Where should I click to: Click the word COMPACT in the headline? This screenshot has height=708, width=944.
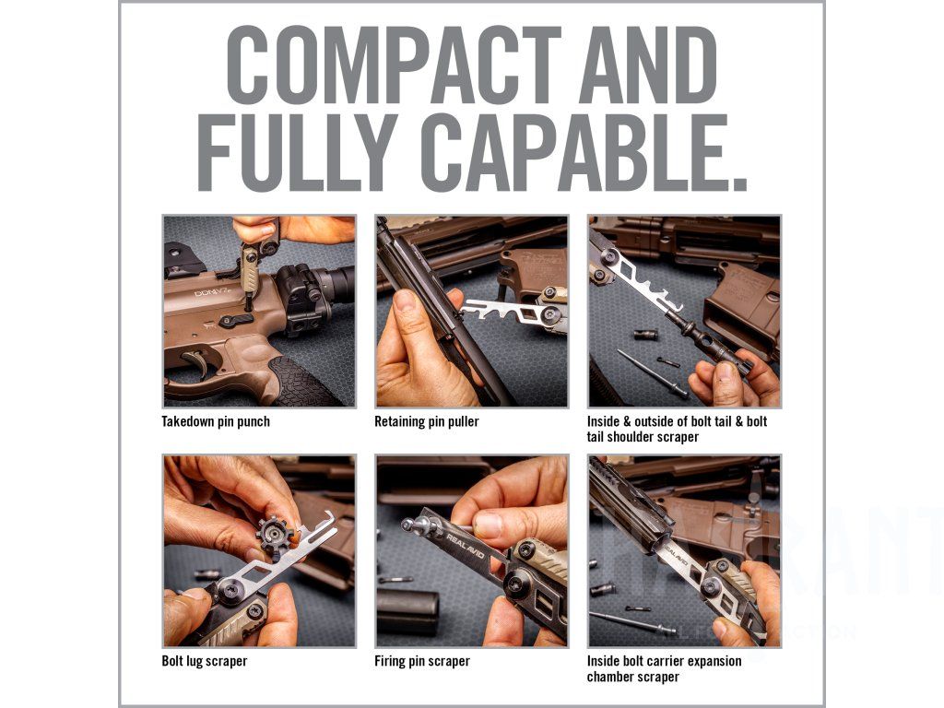click(x=394, y=65)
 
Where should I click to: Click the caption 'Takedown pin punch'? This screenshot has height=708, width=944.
click(x=216, y=421)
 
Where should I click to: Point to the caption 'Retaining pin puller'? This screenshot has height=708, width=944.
click(x=426, y=421)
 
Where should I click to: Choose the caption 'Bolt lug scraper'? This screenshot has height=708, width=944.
click(x=204, y=661)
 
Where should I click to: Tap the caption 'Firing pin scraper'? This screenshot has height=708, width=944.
click(x=421, y=661)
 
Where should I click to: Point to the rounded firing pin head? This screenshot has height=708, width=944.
click(x=410, y=525)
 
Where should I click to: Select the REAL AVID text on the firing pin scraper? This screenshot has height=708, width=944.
click(x=465, y=546)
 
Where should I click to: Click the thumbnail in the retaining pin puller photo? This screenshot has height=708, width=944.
click(x=406, y=301)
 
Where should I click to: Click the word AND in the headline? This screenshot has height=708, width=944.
click(x=648, y=65)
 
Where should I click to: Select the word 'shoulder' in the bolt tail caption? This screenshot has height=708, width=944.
click(x=674, y=437)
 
